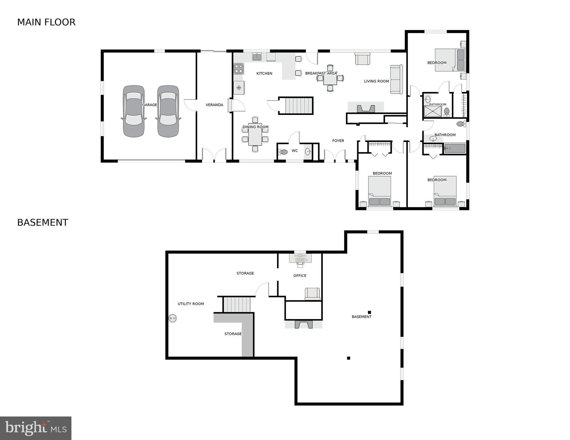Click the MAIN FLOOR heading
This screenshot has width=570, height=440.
(46, 22)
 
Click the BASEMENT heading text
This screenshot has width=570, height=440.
(42, 223)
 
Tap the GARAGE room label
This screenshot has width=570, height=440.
(149, 105)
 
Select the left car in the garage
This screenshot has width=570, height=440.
(134, 111)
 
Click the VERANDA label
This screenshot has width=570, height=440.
(214, 105)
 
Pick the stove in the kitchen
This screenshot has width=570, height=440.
(238, 69)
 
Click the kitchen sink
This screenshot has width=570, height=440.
(257, 56)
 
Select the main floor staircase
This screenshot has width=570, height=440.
(295, 106)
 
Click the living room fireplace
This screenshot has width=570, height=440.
(366, 108)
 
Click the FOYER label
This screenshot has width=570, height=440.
(338, 141)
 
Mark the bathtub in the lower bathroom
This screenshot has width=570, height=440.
(454, 149)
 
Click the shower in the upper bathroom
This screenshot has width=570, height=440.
(432, 112)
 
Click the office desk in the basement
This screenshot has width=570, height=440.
(300, 259)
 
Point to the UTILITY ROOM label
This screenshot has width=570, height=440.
(190, 304)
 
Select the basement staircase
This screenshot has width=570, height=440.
(237, 304)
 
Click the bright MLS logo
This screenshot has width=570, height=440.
(36, 428)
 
